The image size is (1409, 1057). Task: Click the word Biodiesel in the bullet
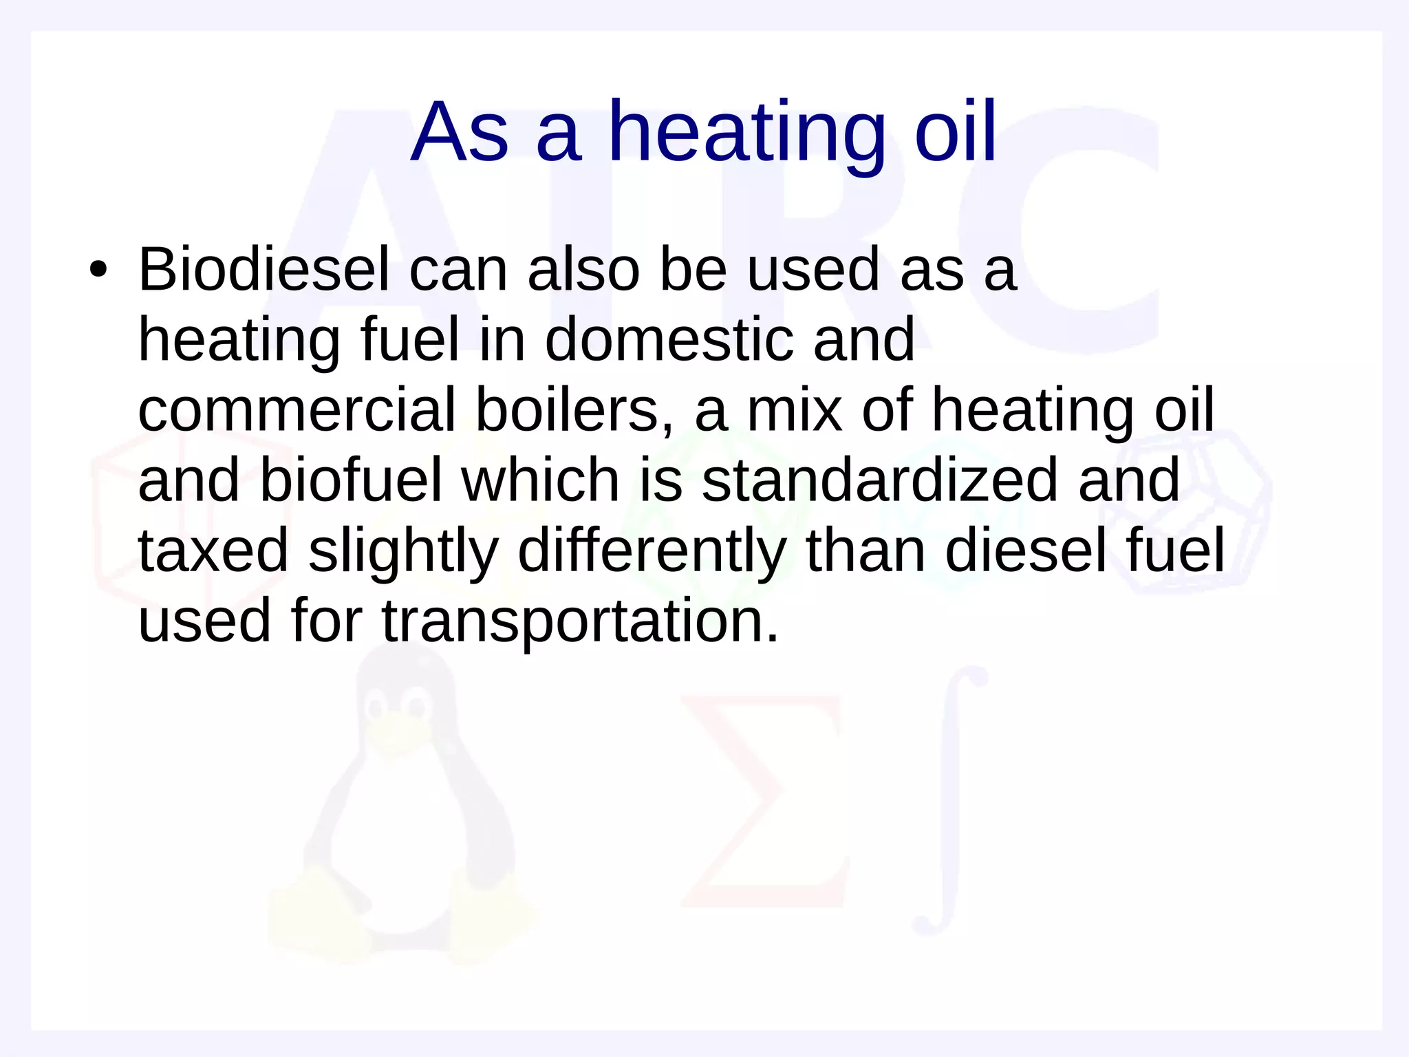pos(264,270)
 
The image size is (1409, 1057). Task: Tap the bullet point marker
pos(98,270)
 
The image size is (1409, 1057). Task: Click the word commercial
pos(297,411)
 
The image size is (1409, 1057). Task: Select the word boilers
pos(574,411)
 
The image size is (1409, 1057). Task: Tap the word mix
pos(795,411)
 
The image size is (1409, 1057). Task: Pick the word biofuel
pos(351,481)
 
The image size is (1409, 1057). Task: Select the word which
pos(541,481)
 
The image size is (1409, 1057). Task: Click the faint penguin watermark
pos(399,812)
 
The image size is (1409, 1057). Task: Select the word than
pos(865,551)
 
